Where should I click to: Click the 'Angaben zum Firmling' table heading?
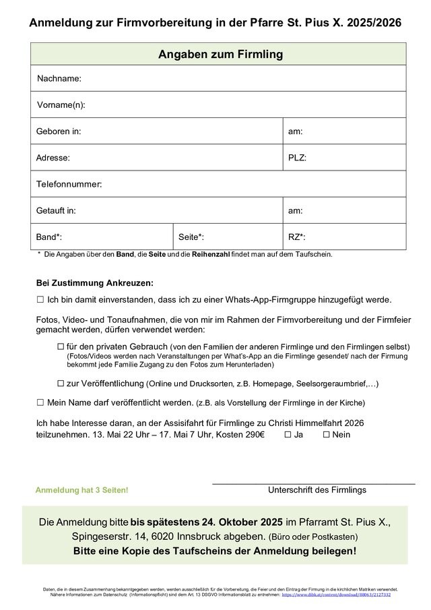(x=220, y=54)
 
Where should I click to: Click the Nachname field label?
(x=59, y=79)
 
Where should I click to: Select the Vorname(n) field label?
(x=61, y=105)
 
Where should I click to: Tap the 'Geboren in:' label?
(x=59, y=131)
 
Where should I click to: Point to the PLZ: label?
(x=298, y=158)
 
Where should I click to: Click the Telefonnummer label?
(x=69, y=184)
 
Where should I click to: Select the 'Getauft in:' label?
(x=56, y=210)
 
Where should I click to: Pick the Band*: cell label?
(x=49, y=237)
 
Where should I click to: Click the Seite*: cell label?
(x=191, y=237)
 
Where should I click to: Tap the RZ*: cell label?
(x=297, y=237)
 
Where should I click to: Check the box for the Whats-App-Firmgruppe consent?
(x=40, y=299)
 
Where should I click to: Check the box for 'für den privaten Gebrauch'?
(x=61, y=346)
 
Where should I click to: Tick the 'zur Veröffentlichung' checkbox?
(x=61, y=384)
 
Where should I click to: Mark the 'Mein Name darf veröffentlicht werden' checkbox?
(x=40, y=402)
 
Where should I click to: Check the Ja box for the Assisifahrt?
(x=288, y=435)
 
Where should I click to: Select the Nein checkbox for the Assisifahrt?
(x=327, y=435)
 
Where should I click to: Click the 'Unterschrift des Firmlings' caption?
(x=317, y=490)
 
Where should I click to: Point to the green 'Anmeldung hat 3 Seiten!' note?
(x=81, y=490)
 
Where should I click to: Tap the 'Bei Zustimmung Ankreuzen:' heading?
(x=95, y=283)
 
